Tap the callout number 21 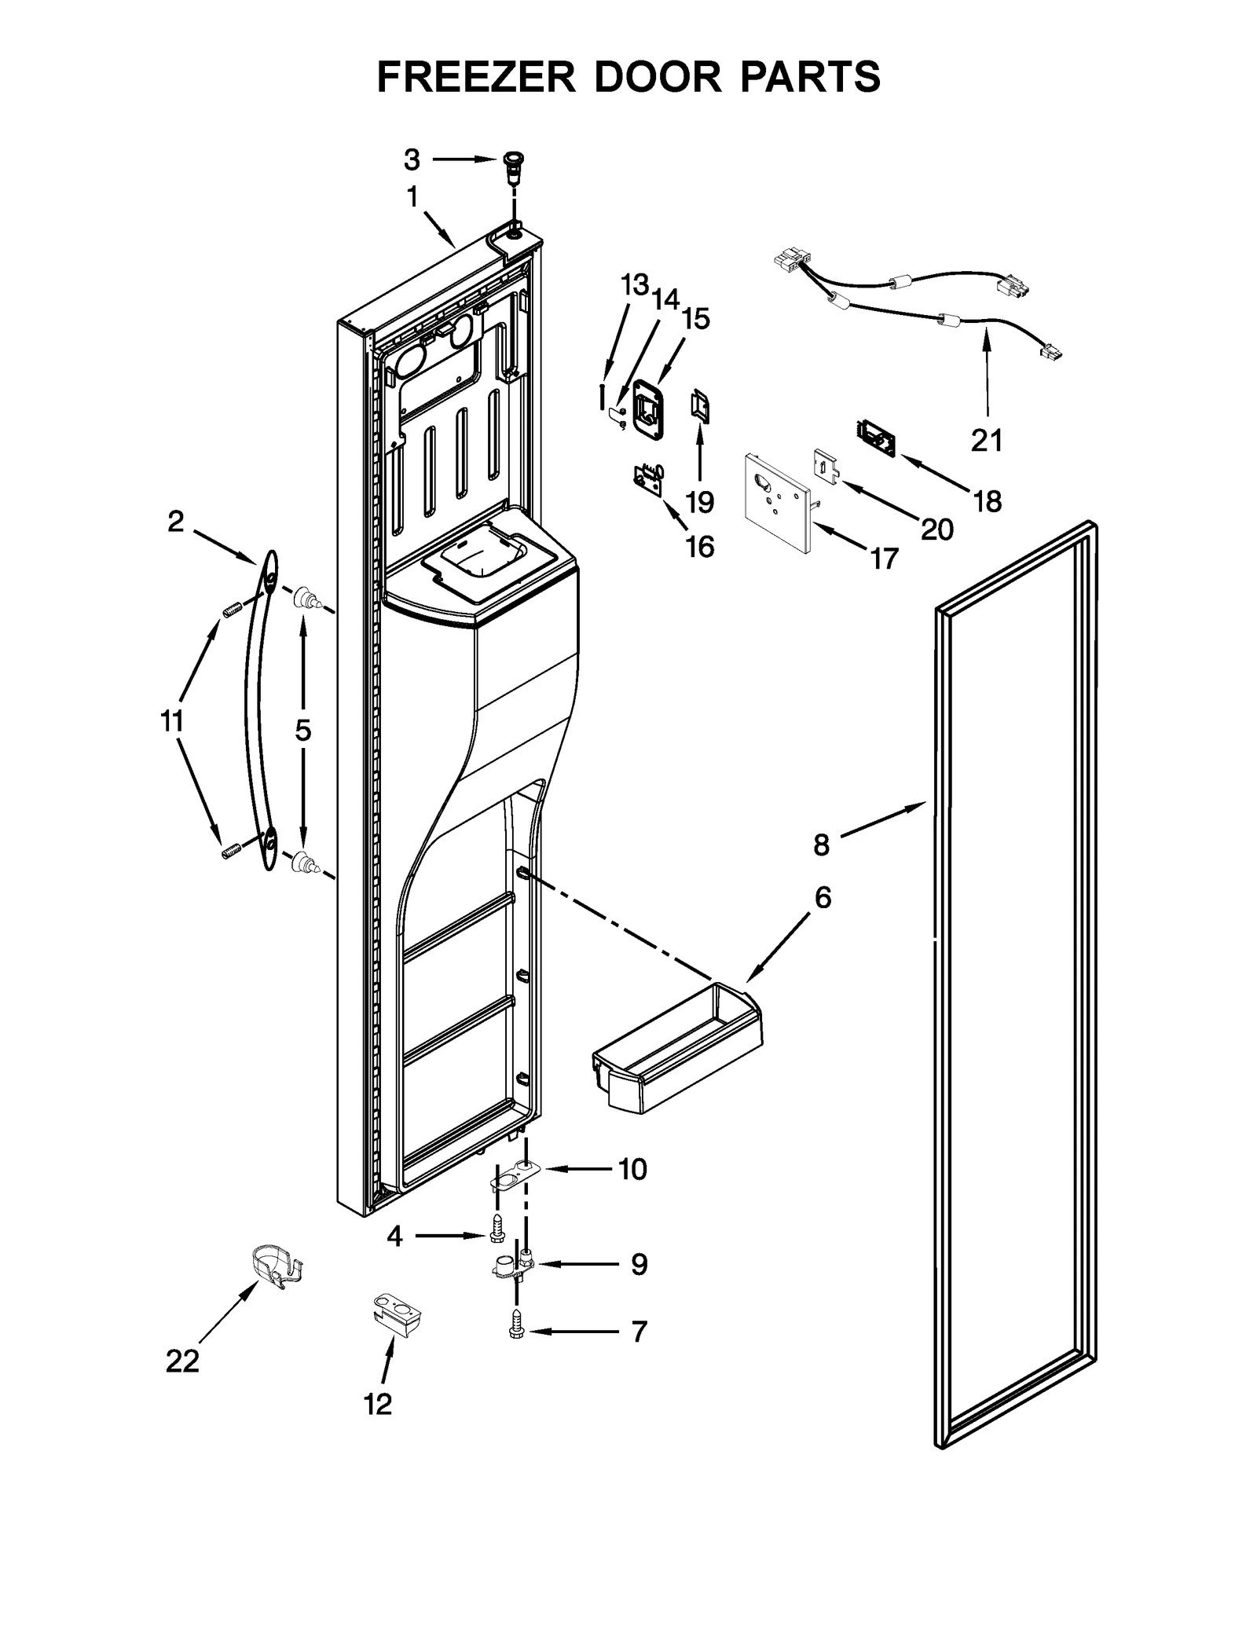click(987, 442)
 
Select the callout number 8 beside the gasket click(821, 845)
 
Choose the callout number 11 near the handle click(171, 720)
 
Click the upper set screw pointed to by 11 click(230, 610)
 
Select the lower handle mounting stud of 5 click(303, 863)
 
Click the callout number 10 click(632, 1169)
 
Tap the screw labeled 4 click(496, 1230)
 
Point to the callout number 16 click(699, 547)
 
